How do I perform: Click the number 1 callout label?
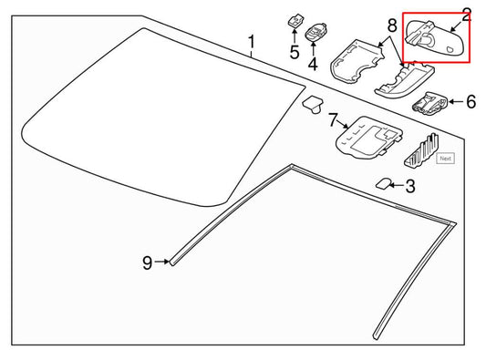point(253,41)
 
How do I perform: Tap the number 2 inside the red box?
point(466,15)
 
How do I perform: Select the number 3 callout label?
point(409,188)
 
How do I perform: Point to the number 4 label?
point(313,65)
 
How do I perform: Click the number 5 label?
point(294,52)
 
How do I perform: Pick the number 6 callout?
point(470,102)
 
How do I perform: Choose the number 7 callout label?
point(333,119)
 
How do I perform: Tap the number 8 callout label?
point(392,27)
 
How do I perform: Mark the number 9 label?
point(147,262)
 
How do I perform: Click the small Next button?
point(445,158)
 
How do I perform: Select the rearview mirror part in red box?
point(429,39)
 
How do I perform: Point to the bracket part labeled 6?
point(429,103)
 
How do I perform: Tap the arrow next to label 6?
point(455,102)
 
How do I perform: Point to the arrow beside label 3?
point(395,186)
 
